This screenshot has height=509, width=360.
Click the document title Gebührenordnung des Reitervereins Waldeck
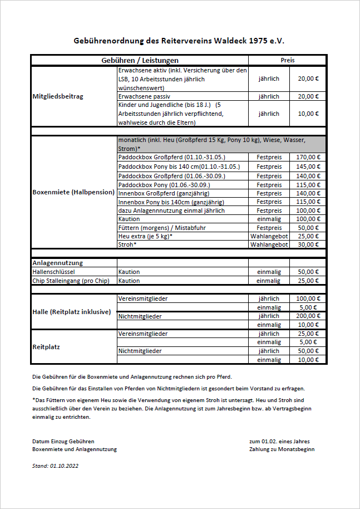[x=179, y=41]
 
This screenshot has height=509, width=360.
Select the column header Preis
[x=288, y=60]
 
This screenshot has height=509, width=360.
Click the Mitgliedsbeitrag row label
[x=58, y=96]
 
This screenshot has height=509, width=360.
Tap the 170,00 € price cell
[x=308, y=158]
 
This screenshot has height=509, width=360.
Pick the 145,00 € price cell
[x=308, y=167]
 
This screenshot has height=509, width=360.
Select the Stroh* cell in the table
[x=126, y=244]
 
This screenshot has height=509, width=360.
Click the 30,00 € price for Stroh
[x=308, y=244]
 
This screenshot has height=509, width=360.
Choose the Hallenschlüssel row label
[x=50, y=272]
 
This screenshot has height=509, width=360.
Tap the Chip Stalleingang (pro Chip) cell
[x=70, y=281]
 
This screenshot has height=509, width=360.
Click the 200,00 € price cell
[x=308, y=316]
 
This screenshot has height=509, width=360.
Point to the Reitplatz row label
[x=46, y=347]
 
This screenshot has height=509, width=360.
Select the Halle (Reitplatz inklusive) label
[x=72, y=311]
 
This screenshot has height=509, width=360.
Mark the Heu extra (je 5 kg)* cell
[x=145, y=236]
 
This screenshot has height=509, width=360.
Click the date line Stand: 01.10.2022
[x=55, y=466]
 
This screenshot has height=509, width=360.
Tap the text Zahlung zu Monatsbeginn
[x=282, y=449]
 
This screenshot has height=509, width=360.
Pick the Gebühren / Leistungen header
[x=140, y=60]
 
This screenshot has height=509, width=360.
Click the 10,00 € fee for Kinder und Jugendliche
[x=308, y=114]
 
